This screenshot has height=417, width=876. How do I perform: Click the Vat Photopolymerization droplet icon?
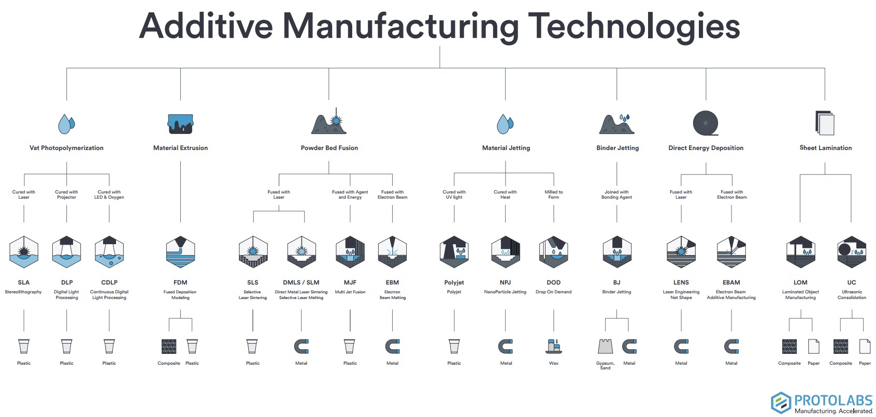(66, 124)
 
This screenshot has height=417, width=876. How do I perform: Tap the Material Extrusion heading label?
(180, 148)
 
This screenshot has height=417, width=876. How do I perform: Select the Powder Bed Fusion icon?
(329, 123)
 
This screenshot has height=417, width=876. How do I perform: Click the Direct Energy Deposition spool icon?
(706, 124)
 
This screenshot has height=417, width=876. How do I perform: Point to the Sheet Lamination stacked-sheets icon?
(825, 124)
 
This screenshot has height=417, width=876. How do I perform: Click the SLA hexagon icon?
(24, 252)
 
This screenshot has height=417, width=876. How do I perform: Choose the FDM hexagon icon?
(180, 252)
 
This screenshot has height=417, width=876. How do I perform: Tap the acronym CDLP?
(109, 282)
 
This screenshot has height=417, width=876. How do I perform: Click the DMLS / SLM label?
(301, 282)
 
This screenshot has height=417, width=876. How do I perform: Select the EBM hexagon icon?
(392, 252)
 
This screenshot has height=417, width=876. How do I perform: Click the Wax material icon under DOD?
(553, 346)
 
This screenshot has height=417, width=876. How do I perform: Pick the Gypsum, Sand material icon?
(605, 346)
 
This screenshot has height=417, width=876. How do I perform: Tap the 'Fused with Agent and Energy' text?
(350, 195)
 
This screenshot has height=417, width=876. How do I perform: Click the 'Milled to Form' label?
(553, 195)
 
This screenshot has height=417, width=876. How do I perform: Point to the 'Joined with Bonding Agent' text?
(616, 195)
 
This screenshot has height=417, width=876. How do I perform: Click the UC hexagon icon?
(852, 252)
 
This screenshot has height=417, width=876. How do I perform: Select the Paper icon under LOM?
(813, 346)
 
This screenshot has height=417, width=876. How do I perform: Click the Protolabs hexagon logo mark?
(781, 403)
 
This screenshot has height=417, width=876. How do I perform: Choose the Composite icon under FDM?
(169, 346)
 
